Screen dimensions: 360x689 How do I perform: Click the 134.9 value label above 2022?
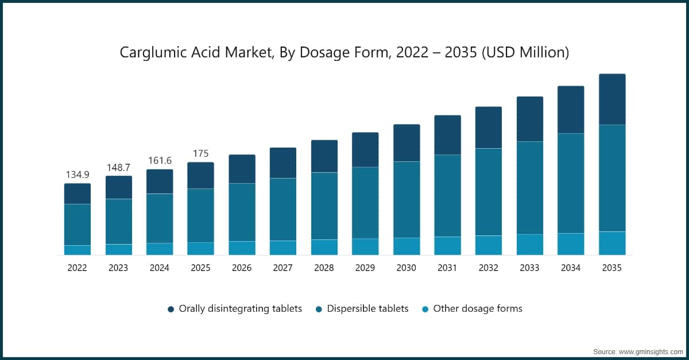77,175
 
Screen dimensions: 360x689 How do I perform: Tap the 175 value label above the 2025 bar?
200,153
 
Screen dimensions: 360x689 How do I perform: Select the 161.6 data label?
159,161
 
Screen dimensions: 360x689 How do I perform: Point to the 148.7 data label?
118,167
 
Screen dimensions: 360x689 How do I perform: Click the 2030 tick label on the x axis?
406,268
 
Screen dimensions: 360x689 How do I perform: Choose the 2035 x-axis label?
612,268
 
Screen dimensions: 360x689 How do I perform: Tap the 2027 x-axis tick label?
282,268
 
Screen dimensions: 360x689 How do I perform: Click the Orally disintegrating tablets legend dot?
171,309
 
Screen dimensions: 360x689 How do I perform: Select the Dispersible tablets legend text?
367,308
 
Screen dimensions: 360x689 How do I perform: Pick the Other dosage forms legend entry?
477,308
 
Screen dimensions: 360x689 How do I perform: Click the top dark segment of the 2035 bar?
612,99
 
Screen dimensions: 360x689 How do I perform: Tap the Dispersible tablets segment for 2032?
489,192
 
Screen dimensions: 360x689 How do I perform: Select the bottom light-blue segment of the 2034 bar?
571,244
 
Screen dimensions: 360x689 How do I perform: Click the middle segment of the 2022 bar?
77,224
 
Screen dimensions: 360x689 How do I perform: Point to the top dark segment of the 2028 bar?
324,156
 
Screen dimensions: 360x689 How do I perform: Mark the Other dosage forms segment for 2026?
242,248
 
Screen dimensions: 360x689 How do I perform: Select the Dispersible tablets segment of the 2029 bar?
365,203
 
